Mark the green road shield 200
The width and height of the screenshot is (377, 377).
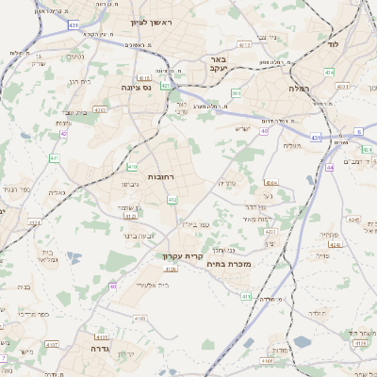coord(236,93)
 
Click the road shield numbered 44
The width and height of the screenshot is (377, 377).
coord(331,168)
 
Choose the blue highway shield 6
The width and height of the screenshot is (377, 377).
coord(358,131)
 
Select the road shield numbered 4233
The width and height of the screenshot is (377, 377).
coord(35,223)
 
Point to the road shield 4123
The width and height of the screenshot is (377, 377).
coord(130,215)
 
